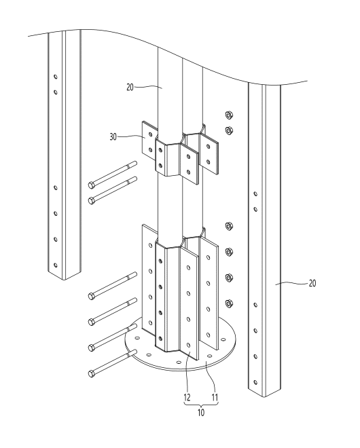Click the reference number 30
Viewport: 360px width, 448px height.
coord(113,137)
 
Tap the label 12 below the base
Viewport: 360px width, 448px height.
coord(187,397)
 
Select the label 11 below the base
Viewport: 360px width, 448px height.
coord(215,397)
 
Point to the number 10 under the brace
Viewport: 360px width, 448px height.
coord(201,413)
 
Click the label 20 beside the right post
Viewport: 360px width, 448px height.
coord(312,283)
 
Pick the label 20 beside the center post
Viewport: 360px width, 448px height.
coord(130,87)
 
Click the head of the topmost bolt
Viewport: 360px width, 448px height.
coord(92,185)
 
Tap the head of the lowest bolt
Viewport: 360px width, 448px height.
coord(92,373)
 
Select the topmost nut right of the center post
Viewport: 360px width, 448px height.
coord(229,115)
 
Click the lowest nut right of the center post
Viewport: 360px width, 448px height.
coord(229,303)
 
